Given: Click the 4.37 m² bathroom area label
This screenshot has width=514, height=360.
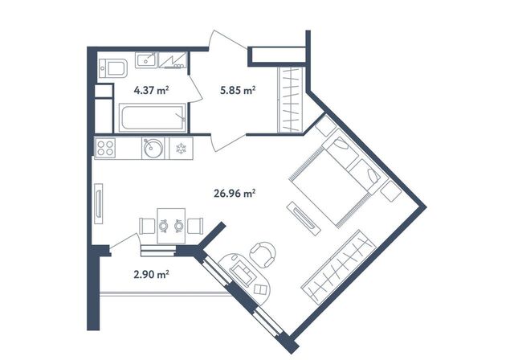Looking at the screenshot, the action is coord(152,90).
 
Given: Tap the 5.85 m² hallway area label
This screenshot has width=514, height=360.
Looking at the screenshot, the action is coord(238,90).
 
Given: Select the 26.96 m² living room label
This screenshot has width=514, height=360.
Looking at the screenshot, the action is coord(235,194).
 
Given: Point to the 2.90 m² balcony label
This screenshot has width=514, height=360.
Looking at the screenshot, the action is coord(152,274).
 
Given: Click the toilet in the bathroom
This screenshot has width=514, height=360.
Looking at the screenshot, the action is coord(113,68).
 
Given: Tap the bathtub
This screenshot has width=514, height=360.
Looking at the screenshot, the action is coord(153,117).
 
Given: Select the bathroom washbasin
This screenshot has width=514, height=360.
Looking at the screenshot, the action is coord(146,60).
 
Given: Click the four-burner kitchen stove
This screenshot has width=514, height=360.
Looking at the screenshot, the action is coord(105,148).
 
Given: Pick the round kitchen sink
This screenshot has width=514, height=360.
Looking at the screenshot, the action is coord(153,148).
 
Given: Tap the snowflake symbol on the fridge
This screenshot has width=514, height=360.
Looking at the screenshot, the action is coord(181,149).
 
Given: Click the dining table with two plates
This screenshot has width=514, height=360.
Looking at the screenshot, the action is coord(171,226).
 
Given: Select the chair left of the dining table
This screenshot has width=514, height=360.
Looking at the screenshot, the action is coord(147,226).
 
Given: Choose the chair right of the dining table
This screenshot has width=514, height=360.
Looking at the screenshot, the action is coord(195,226).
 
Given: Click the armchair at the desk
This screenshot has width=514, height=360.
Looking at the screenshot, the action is coord(263,254).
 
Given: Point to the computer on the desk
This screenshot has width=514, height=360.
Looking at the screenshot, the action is coord(243,274).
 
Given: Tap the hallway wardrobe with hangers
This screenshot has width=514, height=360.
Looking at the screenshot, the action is coord(290,100).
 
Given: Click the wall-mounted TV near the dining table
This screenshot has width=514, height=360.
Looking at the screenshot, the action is coord(98,204).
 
